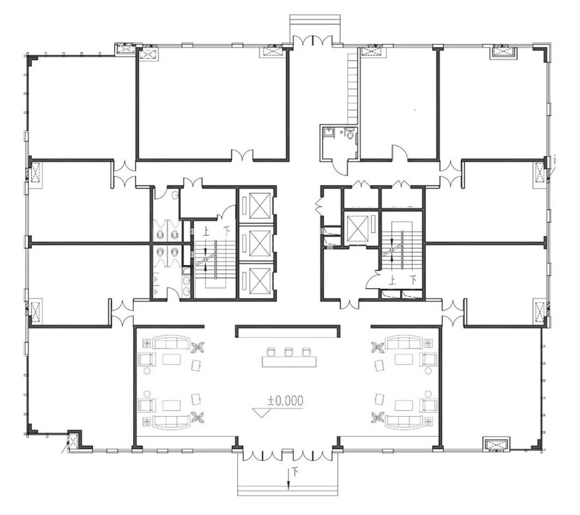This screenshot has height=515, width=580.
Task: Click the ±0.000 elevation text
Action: pyautogui.click(x=285, y=401)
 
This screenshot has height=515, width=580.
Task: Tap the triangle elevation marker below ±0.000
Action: pyautogui.click(x=262, y=413)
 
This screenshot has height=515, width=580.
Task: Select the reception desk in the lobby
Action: pyautogui.click(x=289, y=361)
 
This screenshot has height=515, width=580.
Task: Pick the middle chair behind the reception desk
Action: pyautogui.click(x=289, y=351)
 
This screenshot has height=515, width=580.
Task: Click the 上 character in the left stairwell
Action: pyautogui.click(x=206, y=231)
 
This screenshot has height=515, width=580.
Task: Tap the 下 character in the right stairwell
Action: pyautogui.click(x=413, y=280)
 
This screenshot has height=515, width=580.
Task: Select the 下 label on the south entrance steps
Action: pyautogui.click(x=295, y=471)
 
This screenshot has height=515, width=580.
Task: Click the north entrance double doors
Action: pyautogui.click(x=313, y=40)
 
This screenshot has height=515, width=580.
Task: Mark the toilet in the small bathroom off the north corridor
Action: pyautogui.click(x=350, y=134)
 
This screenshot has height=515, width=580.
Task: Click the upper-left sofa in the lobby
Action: pyautogui.click(x=171, y=342)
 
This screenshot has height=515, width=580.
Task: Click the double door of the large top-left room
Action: pyautogui.click(x=243, y=155)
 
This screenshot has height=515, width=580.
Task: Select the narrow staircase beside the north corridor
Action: pyautogui.click(x=353, y=89)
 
